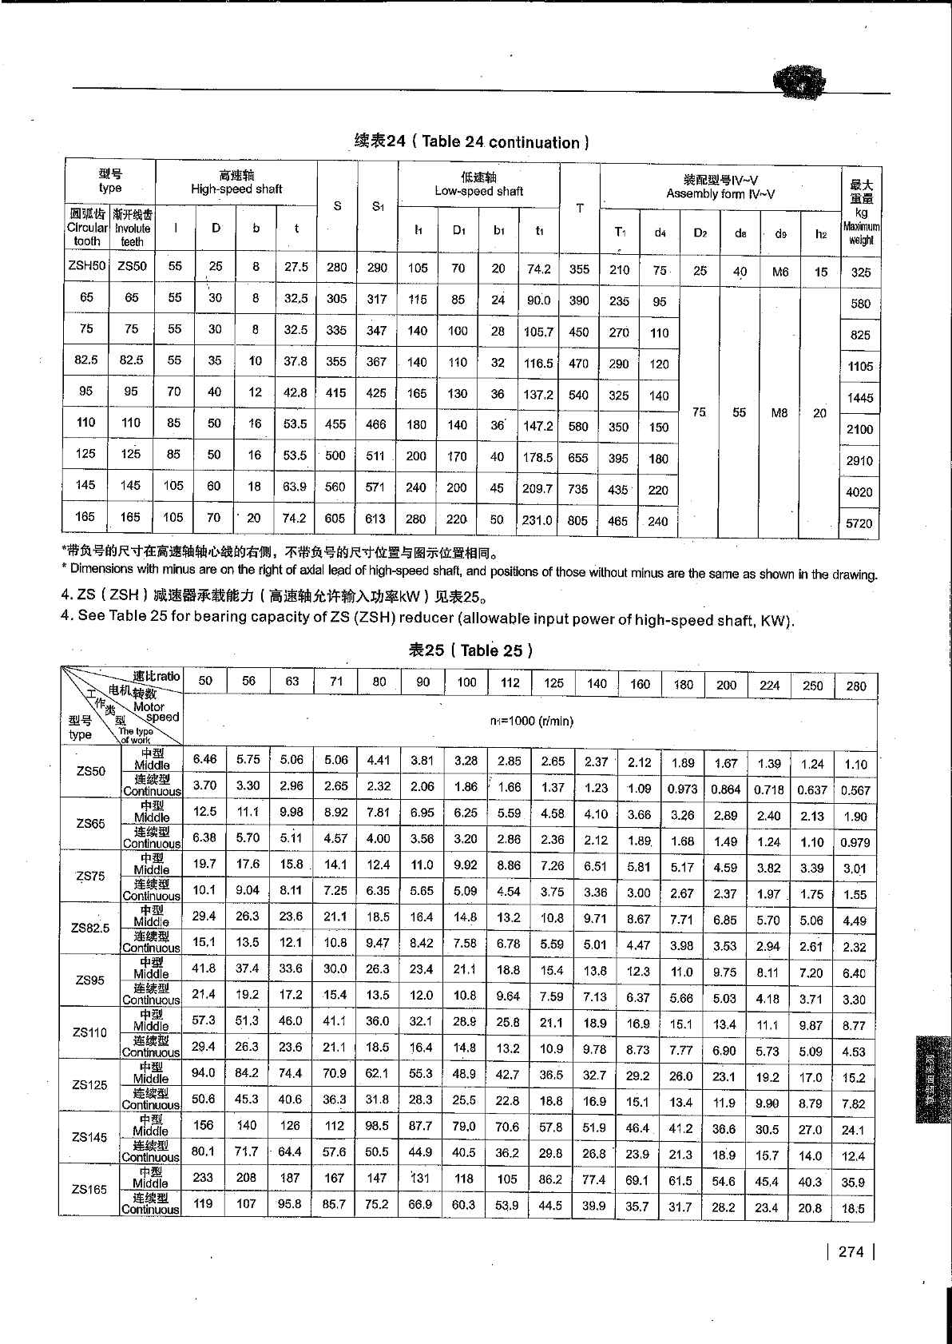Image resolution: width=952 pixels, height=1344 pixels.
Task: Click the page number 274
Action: click(x=851, y=1252)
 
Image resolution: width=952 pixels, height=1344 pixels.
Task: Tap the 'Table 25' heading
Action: click(x=470, y=650)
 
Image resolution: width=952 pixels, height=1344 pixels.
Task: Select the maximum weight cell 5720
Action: click(x=859, y=523)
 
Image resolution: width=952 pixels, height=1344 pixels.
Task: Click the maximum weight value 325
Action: click(x=860, y=272)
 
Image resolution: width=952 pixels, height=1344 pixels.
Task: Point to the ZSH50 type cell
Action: click(x=86, y=266)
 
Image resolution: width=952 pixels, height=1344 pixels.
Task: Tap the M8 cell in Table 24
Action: click(x=779, y=413)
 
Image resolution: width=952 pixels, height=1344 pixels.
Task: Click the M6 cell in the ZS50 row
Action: click(x=780, y=272)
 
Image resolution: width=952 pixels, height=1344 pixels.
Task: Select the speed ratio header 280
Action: click(x=855, y=685)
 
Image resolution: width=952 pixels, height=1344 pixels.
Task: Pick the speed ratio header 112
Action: click(x=510, y=682)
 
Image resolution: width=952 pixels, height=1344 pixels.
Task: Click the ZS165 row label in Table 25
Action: click(x=89, y=1189)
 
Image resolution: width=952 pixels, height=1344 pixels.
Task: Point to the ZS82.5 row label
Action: click(x=89, y=928)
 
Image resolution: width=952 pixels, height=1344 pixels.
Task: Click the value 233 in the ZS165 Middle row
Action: click(x=204, y=1177)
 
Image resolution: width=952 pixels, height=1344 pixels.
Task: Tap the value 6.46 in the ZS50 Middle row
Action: click(x=204, y=759)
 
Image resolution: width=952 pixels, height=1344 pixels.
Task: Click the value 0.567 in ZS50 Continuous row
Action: click(x=855, y=790)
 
